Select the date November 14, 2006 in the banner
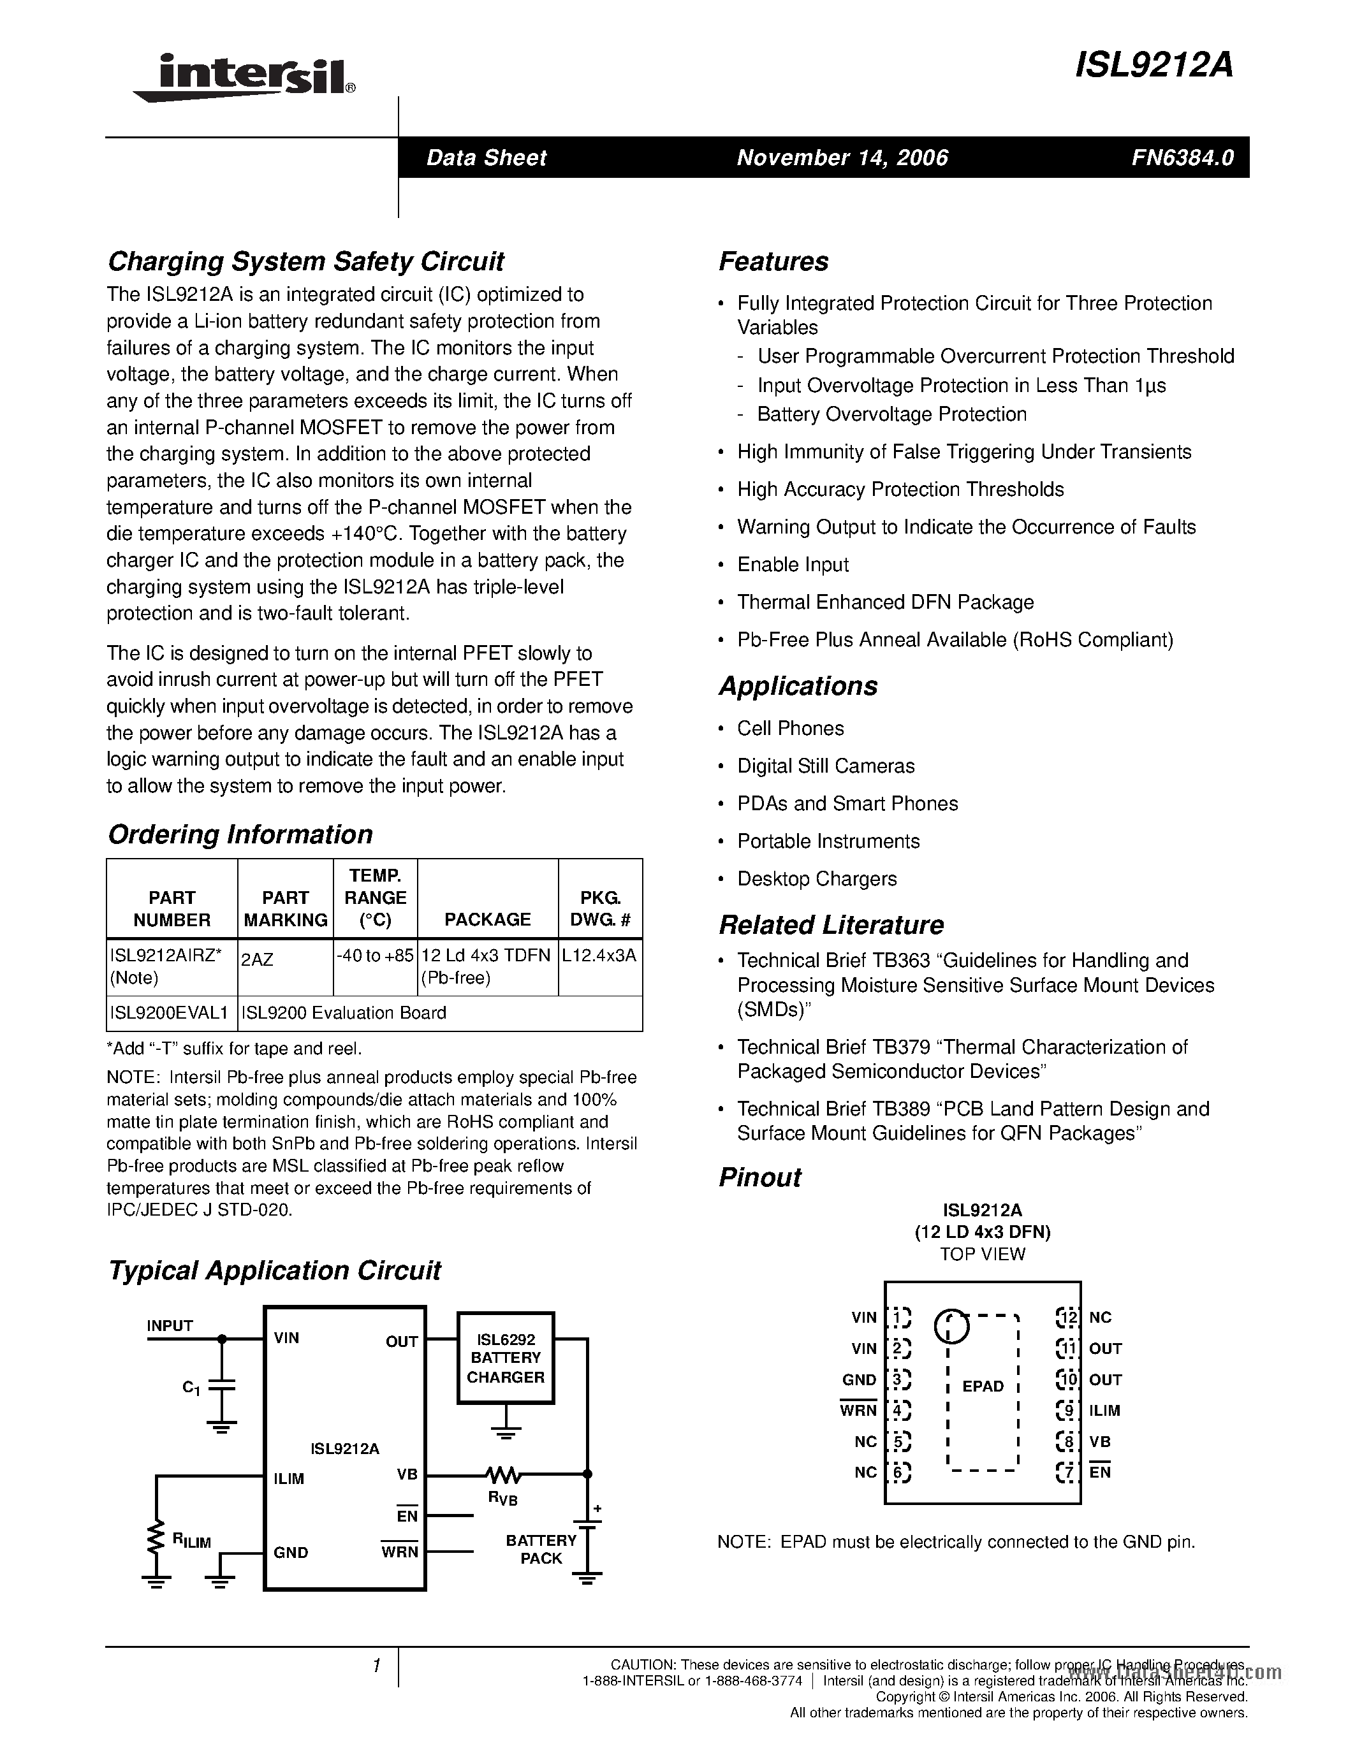tap(842, 157)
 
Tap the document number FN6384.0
tap(1182, 157)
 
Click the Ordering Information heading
tap(240, 834)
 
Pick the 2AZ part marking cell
tap(257, 959)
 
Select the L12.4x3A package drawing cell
tap(599, 955)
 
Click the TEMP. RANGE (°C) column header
tap(375, 898)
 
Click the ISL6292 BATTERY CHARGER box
tap(506, 1358)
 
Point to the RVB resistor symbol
tap(503, 1474)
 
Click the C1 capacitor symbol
tap(221, 1386)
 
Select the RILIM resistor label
tap(191, 1539)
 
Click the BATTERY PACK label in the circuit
tap(541, 1548)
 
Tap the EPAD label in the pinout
tap(983, 1386)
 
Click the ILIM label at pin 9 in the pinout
tap(1104, 1410)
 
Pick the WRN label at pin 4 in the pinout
tap(858, 1410)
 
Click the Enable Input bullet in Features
tap(793, 564)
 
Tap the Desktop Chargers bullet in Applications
tap(816, 878)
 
